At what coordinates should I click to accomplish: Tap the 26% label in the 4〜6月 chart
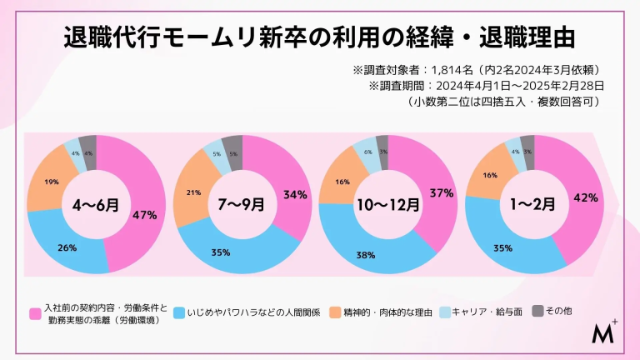coord(67,247)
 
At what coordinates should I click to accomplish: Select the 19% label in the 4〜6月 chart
coord(51,181)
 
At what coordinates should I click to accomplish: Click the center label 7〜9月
coord(241,202)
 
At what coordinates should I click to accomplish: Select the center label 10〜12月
coord(387,204)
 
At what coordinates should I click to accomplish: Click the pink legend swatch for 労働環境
coord(35,314)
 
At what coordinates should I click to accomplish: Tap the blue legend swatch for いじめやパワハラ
coord(180,312)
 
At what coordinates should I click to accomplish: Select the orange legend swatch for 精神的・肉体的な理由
coord(335,312)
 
